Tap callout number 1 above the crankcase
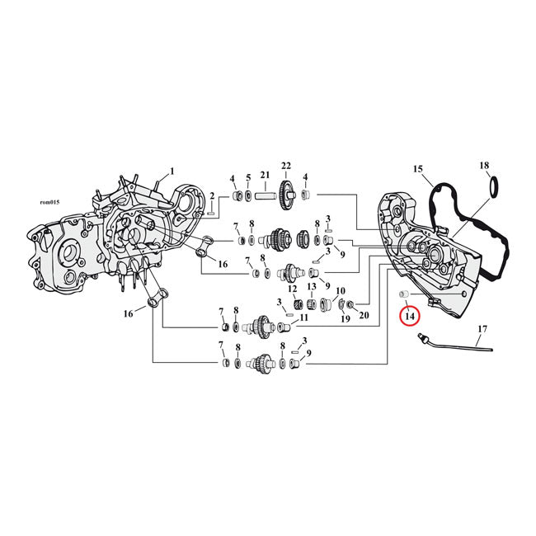pyautogui.click(x=172, y=172)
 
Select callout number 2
pyautogui.click(x=212, y=195)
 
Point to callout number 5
pyautogui.click(x=248, y=178)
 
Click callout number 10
pyautogui.click(x=339, y=291)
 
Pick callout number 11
pyautogui.click(x=303, y=317)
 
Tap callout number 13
pyautogui.click(x=313, y=287)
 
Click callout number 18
pyautogui.click(x=484, y=166)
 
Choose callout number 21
pyautogui.click(x=265, y=175)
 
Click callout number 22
pyautogui.click(x=287, y=165)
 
